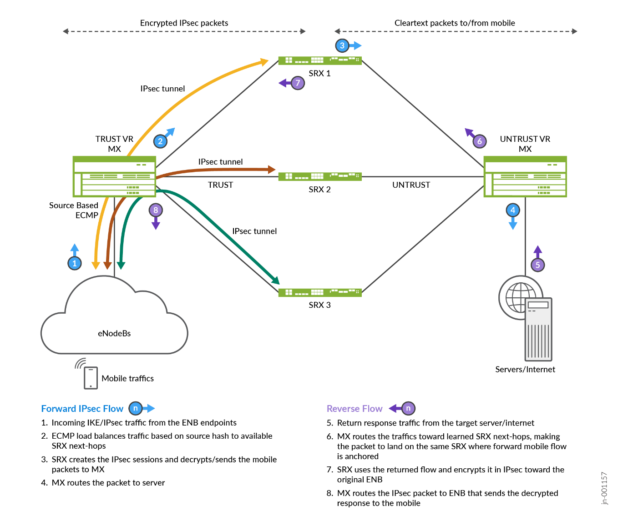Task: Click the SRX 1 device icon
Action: point(320,60)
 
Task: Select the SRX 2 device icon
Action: point(320,176)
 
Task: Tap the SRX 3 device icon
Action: point(320,292)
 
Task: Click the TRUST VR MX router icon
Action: point(114,176)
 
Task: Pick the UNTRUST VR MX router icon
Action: point(525,176)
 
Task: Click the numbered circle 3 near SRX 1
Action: point(342,45)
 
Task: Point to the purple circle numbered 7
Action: point(298,83)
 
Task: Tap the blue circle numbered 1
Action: point(75,263)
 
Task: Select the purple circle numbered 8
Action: point(156,210)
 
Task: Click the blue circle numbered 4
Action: point(513,210)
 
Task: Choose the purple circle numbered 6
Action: point(479,141)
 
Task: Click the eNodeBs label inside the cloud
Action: point(114,333)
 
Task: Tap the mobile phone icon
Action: point(91,378)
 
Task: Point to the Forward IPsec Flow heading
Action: point(82,409)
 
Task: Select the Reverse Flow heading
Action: point(354,409)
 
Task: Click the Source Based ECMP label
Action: point(74,210)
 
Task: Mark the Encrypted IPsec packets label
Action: point(184,23)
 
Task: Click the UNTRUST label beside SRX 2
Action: point(411,185)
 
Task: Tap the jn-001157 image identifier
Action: point(604,488)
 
